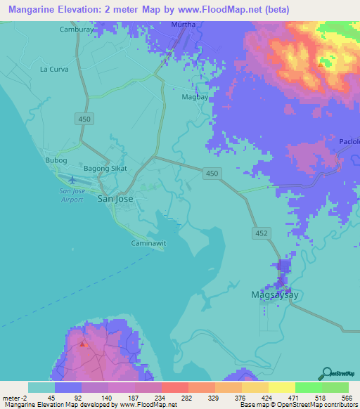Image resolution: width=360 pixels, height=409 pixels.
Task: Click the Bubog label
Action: point(56,160)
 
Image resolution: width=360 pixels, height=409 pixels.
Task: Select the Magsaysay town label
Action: point(275,295)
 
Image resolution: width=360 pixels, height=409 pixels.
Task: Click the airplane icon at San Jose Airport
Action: point(73,180)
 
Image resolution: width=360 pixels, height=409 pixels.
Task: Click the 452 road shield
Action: point(259,231)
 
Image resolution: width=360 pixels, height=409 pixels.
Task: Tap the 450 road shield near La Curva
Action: point(85,120)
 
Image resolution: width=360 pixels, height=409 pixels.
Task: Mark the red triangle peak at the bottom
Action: point(84,344)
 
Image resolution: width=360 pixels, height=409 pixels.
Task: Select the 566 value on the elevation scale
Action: point(346,397)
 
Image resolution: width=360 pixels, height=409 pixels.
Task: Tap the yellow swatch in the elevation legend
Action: point(281,387)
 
